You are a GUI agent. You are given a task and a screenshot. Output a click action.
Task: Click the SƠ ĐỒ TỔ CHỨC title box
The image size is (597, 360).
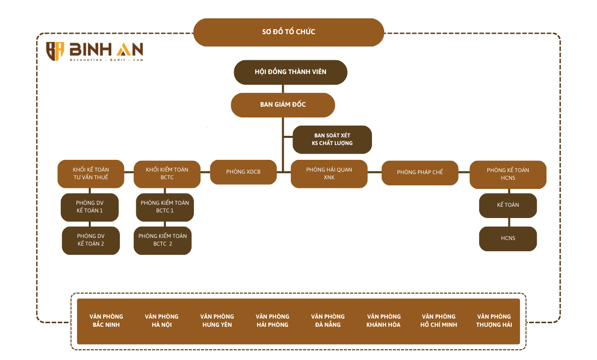[x=288, y=32]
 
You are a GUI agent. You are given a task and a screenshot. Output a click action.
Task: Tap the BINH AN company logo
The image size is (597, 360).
[x=94, y=52]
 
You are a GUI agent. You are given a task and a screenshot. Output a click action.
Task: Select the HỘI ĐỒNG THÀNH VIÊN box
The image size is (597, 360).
[x=290, y=72]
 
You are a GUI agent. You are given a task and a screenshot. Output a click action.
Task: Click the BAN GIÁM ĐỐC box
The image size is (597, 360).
[x=283, y=105]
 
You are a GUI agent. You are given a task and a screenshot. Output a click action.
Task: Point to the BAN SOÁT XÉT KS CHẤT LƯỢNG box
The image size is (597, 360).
[x=332, y=139]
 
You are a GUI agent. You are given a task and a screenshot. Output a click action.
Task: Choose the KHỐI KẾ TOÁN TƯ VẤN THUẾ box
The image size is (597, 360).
[x=91, y=174]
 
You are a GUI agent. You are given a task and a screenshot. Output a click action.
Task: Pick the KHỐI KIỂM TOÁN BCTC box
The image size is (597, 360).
[x=167, y=174]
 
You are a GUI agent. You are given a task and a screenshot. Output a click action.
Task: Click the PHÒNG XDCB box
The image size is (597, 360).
[x=243, y=172]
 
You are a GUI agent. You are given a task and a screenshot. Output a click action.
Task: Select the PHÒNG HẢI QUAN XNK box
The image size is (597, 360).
[x=329, y=174]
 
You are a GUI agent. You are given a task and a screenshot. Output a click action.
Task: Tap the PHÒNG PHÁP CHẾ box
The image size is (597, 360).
[x=420, y=173]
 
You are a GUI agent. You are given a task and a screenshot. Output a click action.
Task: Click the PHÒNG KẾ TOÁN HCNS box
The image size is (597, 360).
[x=508, y=174]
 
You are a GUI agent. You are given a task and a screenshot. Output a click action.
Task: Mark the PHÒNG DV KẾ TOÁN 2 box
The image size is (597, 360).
[x=91, y=240]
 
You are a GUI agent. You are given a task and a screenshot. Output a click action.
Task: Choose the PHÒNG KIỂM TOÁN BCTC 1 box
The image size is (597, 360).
[x=165, y=207]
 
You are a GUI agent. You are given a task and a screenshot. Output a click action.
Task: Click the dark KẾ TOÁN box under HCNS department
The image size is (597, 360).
[x=508, y=205]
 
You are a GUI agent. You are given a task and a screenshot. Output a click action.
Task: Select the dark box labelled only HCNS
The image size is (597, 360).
[x=508, y=238]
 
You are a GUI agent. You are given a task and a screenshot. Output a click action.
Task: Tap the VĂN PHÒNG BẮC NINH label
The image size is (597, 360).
[x=106, y=321]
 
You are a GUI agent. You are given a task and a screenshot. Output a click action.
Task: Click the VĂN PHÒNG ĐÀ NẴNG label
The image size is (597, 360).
[x=328, y=321]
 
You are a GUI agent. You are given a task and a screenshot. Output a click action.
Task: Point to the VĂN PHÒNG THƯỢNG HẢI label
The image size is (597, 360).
[x=494, y=321]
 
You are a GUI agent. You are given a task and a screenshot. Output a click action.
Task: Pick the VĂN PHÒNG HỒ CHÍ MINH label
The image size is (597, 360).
[x=438, y=321]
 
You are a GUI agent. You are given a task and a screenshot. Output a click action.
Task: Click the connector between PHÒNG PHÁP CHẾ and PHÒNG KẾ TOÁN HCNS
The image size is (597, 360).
[x=464, y=173]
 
